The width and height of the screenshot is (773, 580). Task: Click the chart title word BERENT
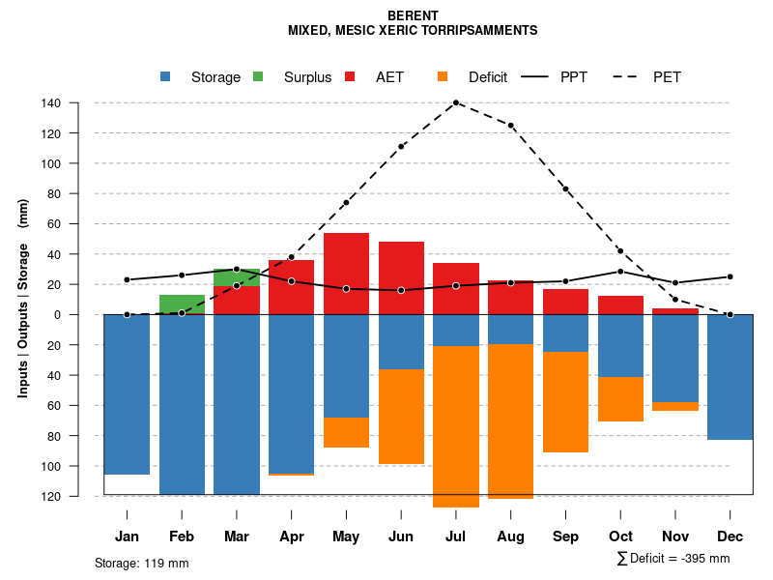tap(413, 15)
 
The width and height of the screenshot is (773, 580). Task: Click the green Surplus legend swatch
tap(258, 76)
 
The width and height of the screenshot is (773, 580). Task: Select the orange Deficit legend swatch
tap(443, 76)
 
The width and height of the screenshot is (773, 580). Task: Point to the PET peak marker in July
tap(456, 102)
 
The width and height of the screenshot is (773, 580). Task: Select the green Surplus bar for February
tap(182, 304)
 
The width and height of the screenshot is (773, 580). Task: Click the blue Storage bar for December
tap(730, 377)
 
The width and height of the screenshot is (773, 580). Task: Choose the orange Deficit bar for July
tap(456, 426)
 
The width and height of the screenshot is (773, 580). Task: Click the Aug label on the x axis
tap(510, 536)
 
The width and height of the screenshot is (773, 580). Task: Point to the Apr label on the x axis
tap(291, 536)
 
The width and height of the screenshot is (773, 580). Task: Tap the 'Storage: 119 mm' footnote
tap(141, 563)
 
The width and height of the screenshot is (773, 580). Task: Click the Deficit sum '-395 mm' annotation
tap(673, 559)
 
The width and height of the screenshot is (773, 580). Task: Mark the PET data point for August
tap(511, 126)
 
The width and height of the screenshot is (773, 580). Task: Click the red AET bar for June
tap(401, 277)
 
